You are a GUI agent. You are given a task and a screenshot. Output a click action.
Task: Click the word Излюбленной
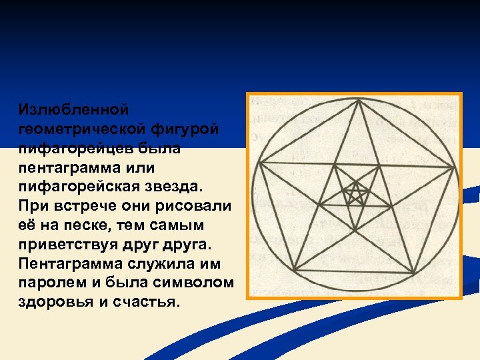click(x=73, y=108)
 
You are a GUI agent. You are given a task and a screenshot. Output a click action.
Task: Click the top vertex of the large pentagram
click(x=359, y=100)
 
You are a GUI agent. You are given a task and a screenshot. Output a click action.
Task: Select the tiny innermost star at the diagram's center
click(x=356, y=194)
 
